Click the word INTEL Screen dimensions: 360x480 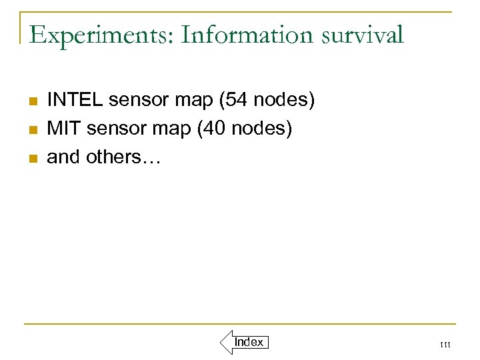coord(75,100)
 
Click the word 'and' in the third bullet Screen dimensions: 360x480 coord(63,157)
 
